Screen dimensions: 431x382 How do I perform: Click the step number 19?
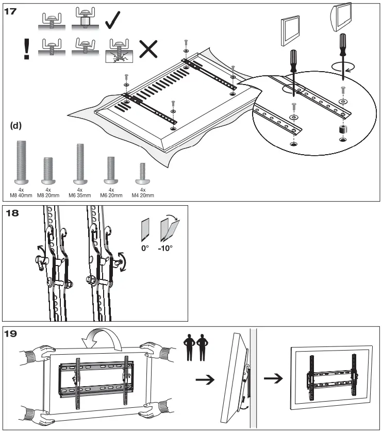coord(11,333)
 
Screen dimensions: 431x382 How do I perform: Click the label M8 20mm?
coord(48,195)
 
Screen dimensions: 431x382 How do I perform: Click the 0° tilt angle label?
coord(145,247)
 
